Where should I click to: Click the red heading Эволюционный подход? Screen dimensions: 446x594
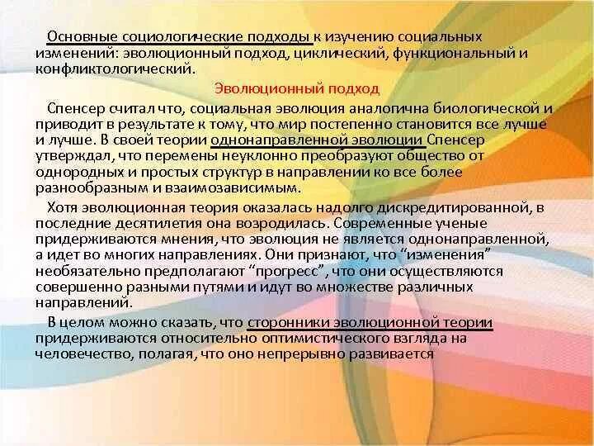[297, 88]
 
